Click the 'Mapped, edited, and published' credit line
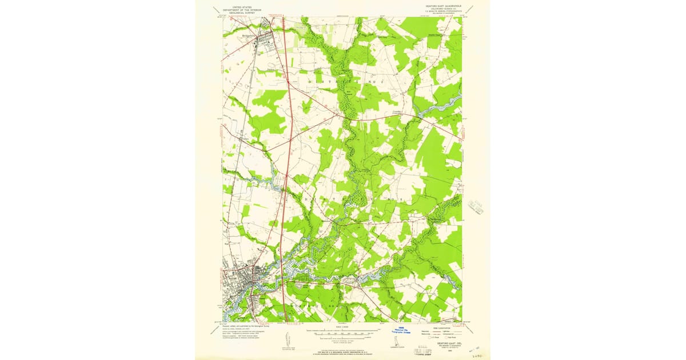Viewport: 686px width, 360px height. point(240,325)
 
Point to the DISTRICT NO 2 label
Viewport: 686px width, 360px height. point(343,82)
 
